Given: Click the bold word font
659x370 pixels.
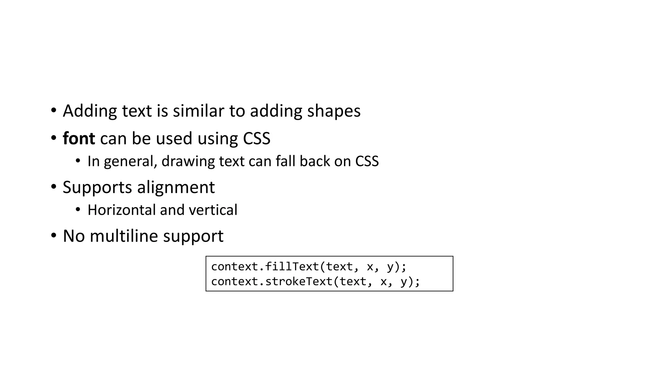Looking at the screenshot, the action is [79, 139].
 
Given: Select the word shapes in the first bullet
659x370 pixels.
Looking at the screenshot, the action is [334, 111].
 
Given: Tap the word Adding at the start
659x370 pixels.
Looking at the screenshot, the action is [90, 111].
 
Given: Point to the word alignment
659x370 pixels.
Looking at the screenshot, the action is [176, 188].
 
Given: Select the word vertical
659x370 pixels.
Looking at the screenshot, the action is [213, 210].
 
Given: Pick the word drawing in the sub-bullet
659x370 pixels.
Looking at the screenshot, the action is [188, 162].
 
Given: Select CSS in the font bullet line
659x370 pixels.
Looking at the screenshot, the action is [256, 139].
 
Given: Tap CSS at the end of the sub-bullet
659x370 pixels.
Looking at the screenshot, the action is [367, 161].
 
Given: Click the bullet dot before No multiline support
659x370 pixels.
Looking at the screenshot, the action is [54, 235].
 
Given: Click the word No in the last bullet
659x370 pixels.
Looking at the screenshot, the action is [74, 236].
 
